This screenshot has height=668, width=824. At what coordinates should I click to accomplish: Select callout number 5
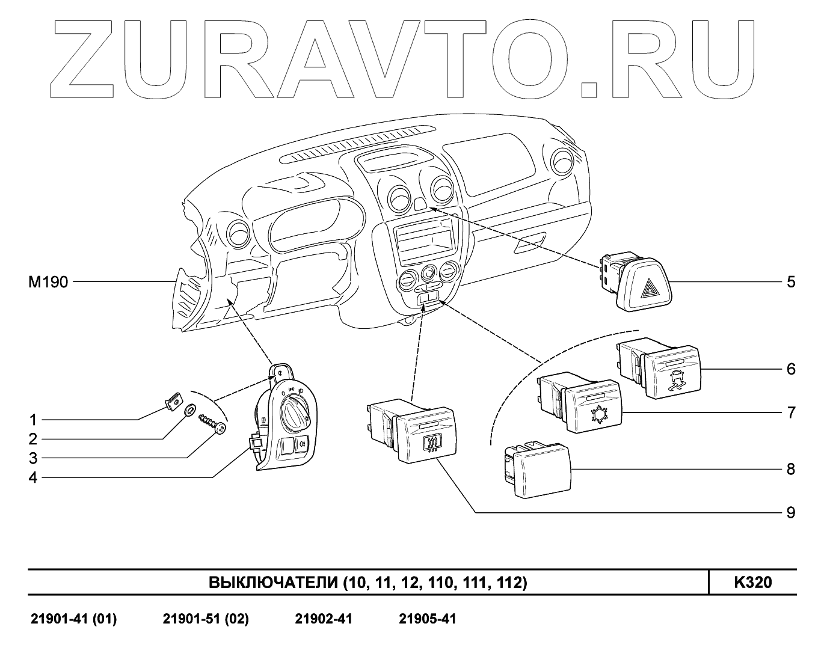click(791, 281)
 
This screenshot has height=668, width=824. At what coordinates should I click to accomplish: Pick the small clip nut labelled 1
click(173, 400)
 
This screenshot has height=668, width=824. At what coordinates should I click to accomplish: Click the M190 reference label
click(48, 282)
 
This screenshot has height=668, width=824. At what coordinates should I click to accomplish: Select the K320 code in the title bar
click(752, 583)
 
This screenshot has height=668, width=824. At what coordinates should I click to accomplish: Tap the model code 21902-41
click(324, 619)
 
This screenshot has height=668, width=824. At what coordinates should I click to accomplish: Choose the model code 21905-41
click(428, 619)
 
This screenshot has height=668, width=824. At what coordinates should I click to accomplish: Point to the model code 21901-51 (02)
click(206, 619)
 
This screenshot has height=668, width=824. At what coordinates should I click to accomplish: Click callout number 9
click(791, 512)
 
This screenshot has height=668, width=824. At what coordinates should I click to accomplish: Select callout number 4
click(33, 478)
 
